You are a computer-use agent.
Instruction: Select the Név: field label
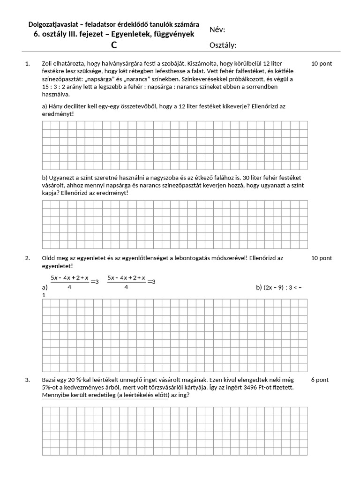tap(217, 30)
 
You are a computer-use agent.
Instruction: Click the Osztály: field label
tap(223, 45)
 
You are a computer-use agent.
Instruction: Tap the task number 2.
tap(27, 258)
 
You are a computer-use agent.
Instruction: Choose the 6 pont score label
tap(320, 380)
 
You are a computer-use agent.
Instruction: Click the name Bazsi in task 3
tap(50, 380)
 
